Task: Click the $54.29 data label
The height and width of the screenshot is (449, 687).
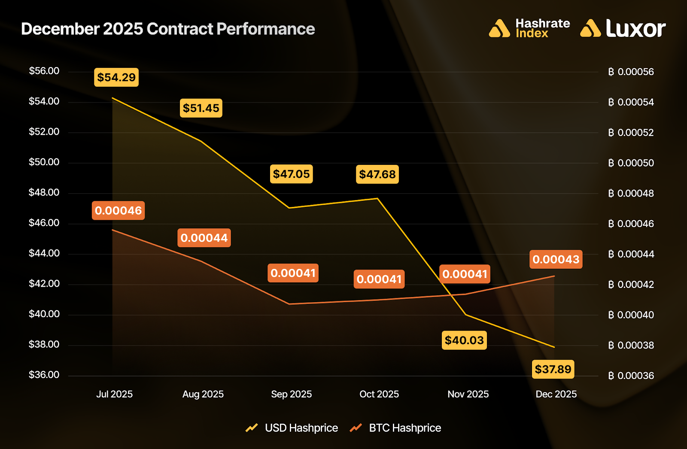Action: pyautogui.click(x=116, y=77)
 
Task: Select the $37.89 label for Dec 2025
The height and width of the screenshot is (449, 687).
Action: pyautogui.click(x=553, y=369)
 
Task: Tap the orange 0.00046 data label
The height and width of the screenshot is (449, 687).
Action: pyautogui.click(x=118, y=210)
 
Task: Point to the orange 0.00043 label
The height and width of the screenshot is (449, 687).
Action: pyautogui.click(x=556, y=259)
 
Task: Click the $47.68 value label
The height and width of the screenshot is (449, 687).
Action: pyautogui.click(x=377, y=174)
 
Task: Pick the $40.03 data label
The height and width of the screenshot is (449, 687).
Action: pyautogui.click(x=464, y=340)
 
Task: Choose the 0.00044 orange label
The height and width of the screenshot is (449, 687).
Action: pyautogui.click(x=204, y=238)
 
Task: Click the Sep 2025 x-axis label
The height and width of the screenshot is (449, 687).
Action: pyautogui.click(x=291, y=394)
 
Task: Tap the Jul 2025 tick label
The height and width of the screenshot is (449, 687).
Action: pyautogui.click(x=114, y=394)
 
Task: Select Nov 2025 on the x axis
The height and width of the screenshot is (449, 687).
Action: pyautogui.click(x=468, y=394)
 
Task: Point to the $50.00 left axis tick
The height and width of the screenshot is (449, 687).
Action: pyautogui.click(x=44, y=162)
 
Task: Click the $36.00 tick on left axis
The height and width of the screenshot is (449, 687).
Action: pyautogui.click(x=44, y=375)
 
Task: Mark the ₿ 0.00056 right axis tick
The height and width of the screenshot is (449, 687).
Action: pyautogui.click(x=631, y=72)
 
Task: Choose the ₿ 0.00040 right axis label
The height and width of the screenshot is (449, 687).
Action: pyautogui.click(x=631, y=315)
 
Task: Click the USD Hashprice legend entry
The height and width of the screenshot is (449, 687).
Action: pyautogui.click(x=301, y=428)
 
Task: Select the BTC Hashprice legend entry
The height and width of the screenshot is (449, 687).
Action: pyautogui.click(x=404, y=428)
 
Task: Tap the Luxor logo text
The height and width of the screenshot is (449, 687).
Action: pyautogui.click(x=635, y=28)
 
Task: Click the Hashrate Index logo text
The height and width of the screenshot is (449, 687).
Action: pyautogui.click(x=542, y=28)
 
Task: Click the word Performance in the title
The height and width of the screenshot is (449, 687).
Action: pyautogui.click(x=265, y=29)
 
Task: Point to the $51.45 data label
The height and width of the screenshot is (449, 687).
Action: pyautogui.click(x=201, y=108)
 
